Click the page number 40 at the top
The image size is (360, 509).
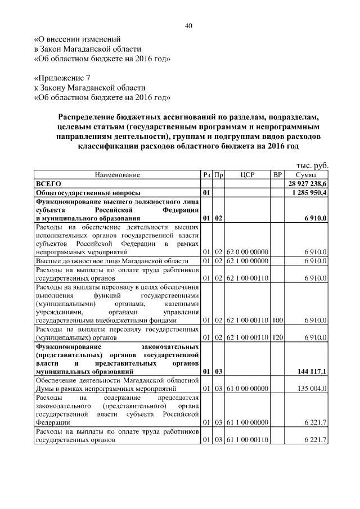189,25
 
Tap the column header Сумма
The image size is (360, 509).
306,175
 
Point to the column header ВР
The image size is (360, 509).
277,175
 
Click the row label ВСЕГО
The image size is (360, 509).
48,184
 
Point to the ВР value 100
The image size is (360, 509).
277,320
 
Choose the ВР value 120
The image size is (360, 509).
277,337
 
